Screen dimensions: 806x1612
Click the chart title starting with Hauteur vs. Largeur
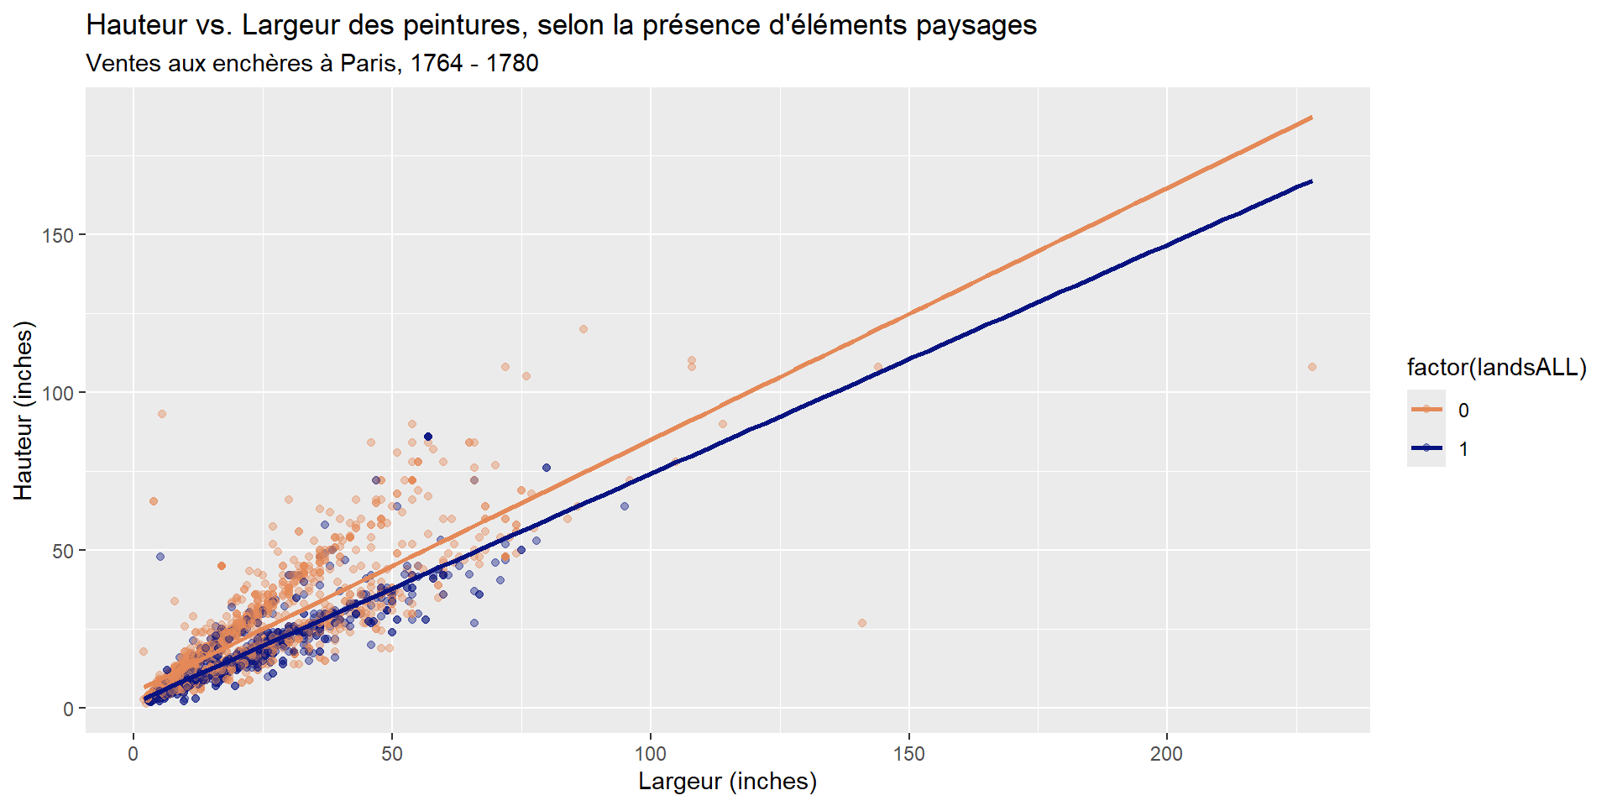561,25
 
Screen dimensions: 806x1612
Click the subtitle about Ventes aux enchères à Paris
312,63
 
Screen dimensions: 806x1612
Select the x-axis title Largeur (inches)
727,781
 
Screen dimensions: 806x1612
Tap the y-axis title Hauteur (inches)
24,410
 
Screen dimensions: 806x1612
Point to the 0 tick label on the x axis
133,753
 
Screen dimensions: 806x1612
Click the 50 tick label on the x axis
392,753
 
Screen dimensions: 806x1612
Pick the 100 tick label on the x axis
651,753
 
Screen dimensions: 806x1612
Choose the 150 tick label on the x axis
909,753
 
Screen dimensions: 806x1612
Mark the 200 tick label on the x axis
1167,753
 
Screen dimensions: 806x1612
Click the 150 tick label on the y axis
58,235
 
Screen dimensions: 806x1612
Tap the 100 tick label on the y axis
58,393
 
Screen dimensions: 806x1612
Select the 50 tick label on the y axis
63,551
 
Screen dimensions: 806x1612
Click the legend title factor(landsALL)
1497,368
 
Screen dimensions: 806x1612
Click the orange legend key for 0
1426,410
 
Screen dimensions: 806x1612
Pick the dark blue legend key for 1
1426,448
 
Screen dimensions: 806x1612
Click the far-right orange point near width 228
1312,367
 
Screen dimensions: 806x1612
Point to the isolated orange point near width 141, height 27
862,623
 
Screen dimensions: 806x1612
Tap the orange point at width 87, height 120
584,329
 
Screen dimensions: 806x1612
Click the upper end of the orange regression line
1311,118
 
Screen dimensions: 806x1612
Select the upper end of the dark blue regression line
1311,181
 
